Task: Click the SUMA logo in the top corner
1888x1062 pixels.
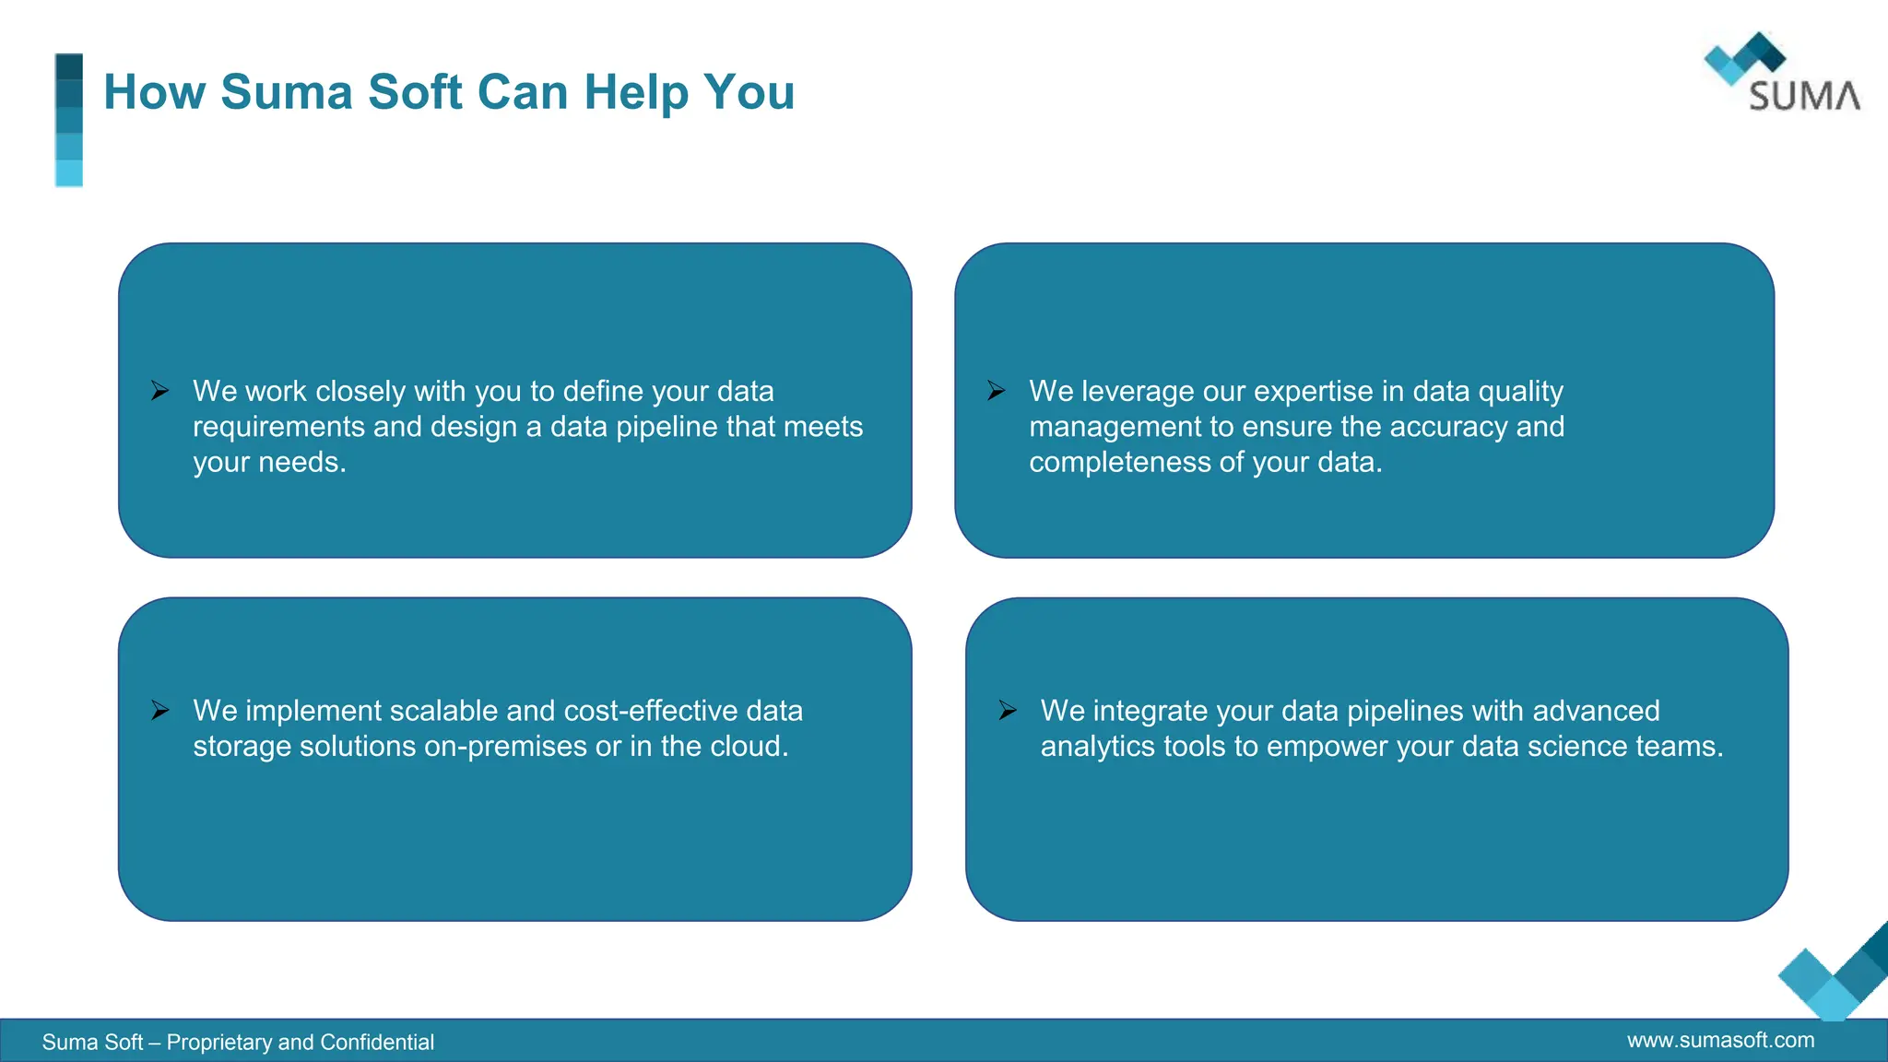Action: pyautogui.click(x=1781, y=74)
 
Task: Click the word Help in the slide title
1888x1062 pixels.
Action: pyautogui.click(x=635, y=92)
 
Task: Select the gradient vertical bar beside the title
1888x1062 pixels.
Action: pyautogui.click(x=69, y=120)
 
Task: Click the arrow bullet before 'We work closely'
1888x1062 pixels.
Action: pyautogui.click(x=160, y=391)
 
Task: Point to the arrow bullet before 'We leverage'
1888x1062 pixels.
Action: pyautogui.click(x=997, y=391)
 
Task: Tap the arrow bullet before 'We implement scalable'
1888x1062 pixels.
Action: pyautogui.click(x=160, y=711)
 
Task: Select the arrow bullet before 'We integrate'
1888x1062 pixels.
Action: pyautogui.click(x=1008, y=711)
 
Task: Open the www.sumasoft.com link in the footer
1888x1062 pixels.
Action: pyautogui.click(x=1720, y=1041)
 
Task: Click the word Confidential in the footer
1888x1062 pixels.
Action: pyautogui.click(x=377, y=1043)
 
